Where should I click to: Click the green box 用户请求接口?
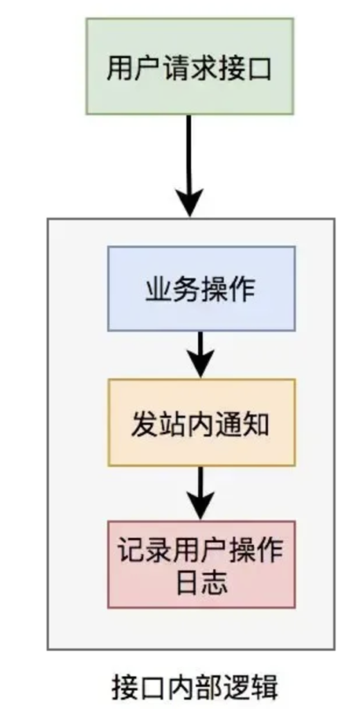pyautogui.click(x=190, y=66)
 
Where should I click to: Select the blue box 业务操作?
pyautogui.click(x=201, y=289)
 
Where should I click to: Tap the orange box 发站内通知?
pyautogui.click(x=201, y=422)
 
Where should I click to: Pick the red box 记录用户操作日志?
pyautogui.click(x=201, y=564)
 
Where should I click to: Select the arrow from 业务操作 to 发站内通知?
pyautogui.click(x=200, y=355)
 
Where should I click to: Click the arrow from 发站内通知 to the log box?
pyautogui.click(x=200, y=493)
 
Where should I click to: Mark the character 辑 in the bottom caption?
pyautogui.click(x=264, y=688)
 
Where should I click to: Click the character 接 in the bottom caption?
pyautogui.click(x=125, y=688)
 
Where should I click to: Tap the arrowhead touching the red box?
pyautogui.click(x=200, y=506)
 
